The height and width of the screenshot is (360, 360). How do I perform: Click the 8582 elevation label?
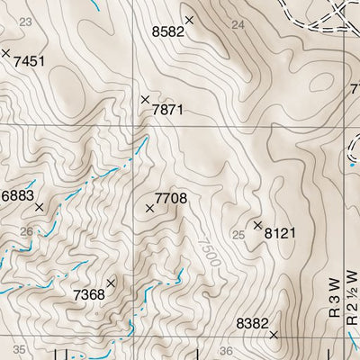coord(167,31)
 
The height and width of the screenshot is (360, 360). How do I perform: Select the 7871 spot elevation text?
coord(167,110)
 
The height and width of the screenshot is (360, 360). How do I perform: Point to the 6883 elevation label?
coord(17,195)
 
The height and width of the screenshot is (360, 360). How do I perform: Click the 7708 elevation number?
coord(171,197)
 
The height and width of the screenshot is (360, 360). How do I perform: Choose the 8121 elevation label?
coord(281,233)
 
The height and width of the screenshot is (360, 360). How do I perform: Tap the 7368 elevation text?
coord(89,294)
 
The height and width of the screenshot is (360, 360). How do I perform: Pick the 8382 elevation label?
coord(252,322)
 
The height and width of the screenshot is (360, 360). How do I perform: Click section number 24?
coord(238,24)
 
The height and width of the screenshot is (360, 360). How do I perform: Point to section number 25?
coord(238,235)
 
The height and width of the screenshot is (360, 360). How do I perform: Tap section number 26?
coord(25,232)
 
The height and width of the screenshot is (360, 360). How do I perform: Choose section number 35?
coord(20,349)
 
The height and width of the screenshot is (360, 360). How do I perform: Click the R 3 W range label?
coord(334,300)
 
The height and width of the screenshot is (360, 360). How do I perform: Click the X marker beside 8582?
coord(189,19)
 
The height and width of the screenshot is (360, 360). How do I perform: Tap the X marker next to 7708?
coord(149,209)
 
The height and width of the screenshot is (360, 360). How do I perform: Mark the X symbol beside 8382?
coord(274,335)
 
